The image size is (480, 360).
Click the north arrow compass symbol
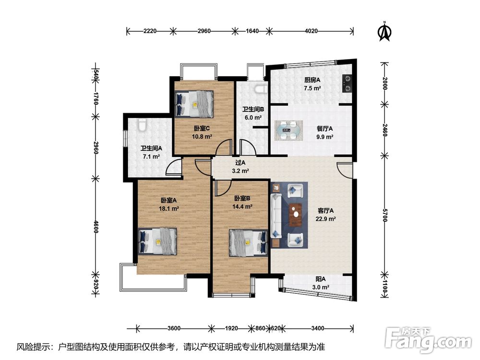[x=385, y=31]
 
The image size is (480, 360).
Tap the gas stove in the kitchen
[x=347, y=83]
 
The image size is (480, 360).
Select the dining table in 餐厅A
[x=288, y=131]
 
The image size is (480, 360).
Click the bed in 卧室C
[x=194, y=104]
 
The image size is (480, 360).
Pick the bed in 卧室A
[x=157, y=241]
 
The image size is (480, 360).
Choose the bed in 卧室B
[x=248, y=243]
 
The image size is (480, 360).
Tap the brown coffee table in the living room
[x=296, y=215]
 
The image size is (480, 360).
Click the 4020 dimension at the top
[x=311, y=31]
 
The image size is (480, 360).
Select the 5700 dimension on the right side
[x=385, y=216]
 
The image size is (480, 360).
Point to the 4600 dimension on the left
[x=96, y=227]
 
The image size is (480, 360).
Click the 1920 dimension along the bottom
[x=231, y=328]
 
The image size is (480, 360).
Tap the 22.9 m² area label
[x=326, y=219]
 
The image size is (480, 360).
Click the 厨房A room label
[x=312, y=80]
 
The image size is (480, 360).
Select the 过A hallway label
[x=240, y=163]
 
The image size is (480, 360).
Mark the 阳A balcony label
[x=321, y=279]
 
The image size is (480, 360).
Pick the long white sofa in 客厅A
[x=276, y=216]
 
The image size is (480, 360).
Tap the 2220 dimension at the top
[x=150, y=31]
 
